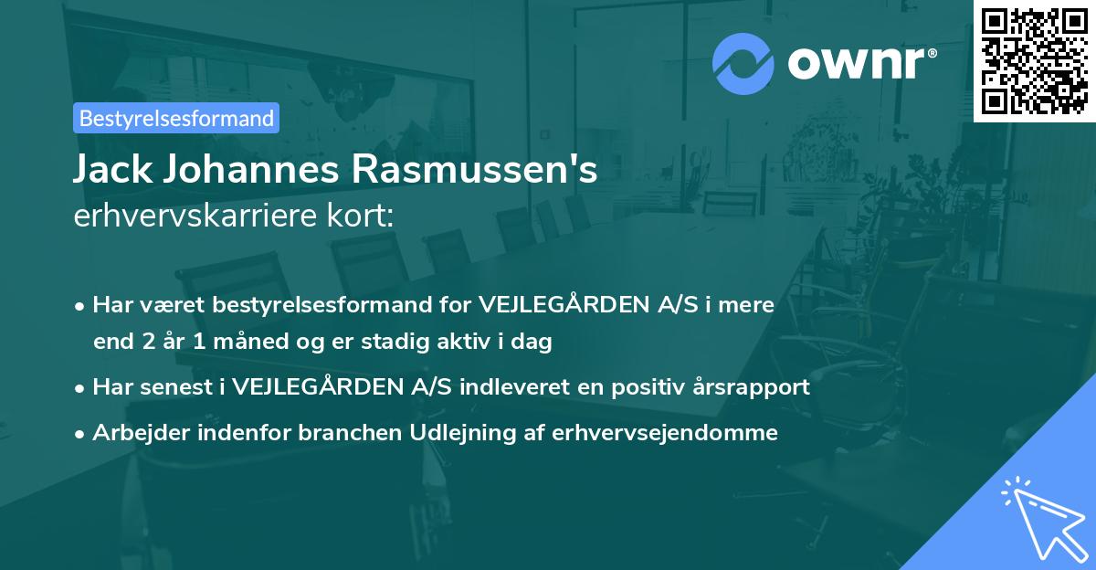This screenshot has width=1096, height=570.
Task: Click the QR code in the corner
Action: [x=1035, y=60]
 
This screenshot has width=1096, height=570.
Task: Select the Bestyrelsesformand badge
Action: [x=176, y=118]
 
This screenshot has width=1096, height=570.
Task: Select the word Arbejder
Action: [x=135, y=432]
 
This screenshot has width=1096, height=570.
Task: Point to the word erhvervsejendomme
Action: [x=665, y=432]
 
